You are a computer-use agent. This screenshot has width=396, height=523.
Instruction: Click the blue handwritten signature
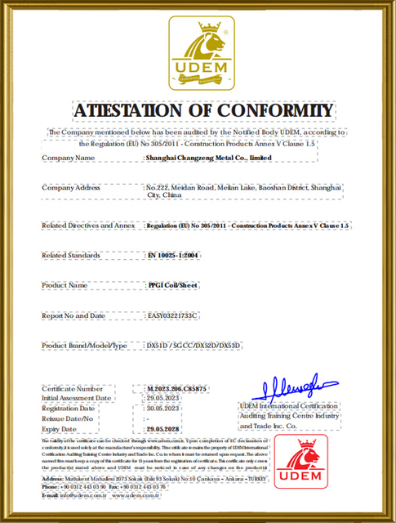click(x=290, y=385)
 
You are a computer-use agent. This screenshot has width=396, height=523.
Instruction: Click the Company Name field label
click(x=74, y=158)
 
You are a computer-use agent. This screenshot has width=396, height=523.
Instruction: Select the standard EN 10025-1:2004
click(x=173, y=255)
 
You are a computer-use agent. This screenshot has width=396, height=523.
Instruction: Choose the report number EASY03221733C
click(x=173, y=315)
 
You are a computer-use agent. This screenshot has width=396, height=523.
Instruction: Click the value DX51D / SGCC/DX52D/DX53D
click(x=194, y=346)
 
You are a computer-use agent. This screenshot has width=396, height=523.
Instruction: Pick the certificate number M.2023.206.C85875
click(x=177, y=388)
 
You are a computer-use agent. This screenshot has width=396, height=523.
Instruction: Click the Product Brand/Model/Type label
click(x=85, y=346)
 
